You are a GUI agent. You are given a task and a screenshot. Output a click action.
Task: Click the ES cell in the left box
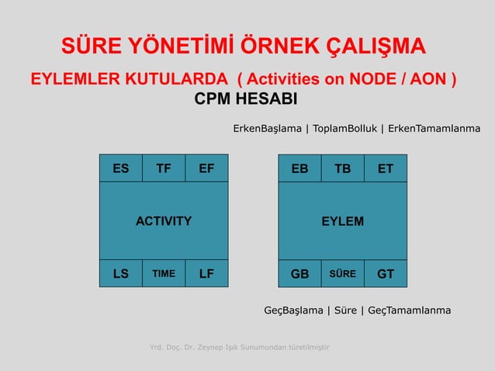[120, 168]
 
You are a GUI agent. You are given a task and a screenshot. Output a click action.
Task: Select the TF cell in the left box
[164, 168]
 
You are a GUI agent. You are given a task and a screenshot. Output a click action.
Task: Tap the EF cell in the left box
[206, 168]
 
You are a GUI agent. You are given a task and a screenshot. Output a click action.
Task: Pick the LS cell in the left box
[120, 273]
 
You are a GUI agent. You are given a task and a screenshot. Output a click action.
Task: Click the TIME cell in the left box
[164, 273]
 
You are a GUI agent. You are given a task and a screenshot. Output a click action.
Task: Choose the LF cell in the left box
[206, 273]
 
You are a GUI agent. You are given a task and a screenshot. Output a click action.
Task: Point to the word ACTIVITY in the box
[164, 221]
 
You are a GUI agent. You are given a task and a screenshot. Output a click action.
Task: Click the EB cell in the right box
[299, 168]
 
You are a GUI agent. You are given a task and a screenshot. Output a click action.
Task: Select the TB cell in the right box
[342, 168]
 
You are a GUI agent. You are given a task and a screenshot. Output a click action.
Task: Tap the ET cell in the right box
[385, 168]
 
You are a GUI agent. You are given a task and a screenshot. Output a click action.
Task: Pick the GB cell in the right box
[299, 273]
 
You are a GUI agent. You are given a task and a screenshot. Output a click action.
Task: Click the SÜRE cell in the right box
[342, 273]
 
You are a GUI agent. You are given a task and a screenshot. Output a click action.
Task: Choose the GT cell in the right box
[385, 273]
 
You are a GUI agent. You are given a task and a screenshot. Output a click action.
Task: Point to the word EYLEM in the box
[342, 221]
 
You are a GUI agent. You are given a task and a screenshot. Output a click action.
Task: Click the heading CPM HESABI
[245, 102]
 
